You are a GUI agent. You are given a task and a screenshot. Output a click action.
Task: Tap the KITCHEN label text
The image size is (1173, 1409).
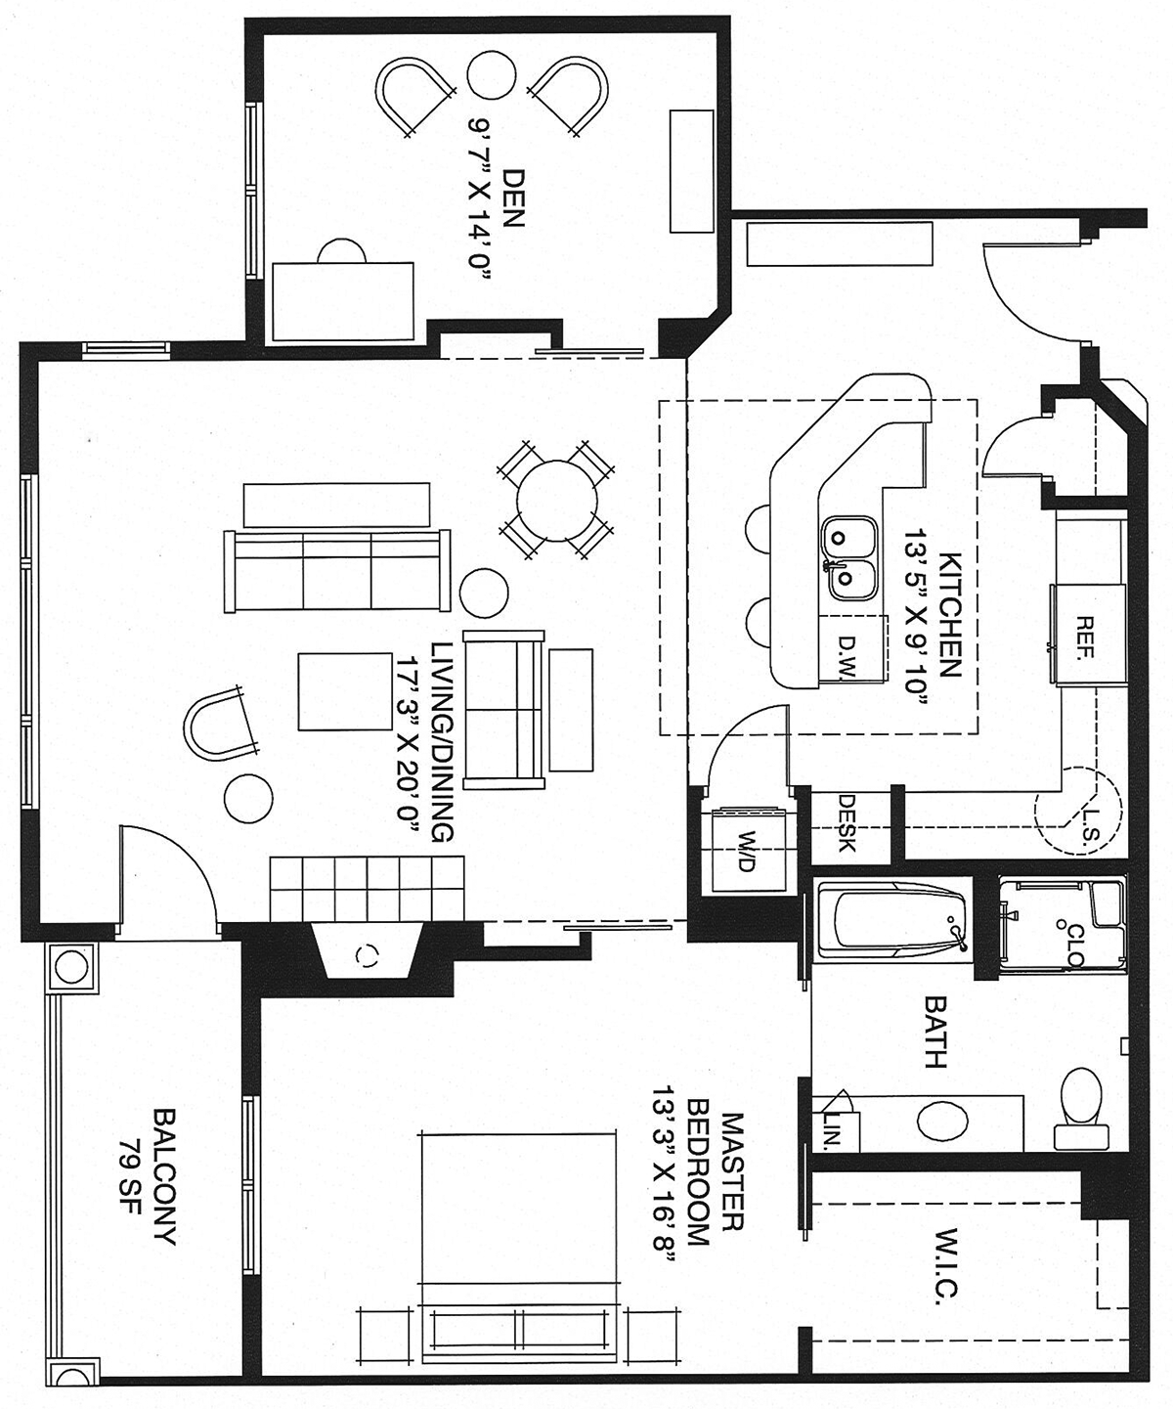click(950, 615)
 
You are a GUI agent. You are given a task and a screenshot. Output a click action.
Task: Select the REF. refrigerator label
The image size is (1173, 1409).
click(1084, 637)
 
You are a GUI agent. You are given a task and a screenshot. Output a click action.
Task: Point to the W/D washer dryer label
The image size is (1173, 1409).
click(746, 852)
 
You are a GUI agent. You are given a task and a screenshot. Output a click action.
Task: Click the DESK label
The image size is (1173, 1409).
click(847, 822)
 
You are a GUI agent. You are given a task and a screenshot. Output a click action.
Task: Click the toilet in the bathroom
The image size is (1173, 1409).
click(1082, 1108)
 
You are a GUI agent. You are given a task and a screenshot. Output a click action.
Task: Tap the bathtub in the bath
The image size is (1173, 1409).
click(893, 920)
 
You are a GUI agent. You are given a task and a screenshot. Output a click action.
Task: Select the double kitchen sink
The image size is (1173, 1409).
click(848, 557)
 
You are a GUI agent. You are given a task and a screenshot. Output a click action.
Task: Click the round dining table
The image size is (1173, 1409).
click(557, 500)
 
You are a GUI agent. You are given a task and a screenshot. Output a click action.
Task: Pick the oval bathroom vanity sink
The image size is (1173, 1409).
click(943, 1121)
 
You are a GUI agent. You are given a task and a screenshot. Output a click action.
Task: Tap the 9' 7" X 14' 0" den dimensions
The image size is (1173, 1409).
click(478, 200)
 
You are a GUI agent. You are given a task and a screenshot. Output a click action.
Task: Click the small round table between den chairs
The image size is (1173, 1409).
click(492, 75)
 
